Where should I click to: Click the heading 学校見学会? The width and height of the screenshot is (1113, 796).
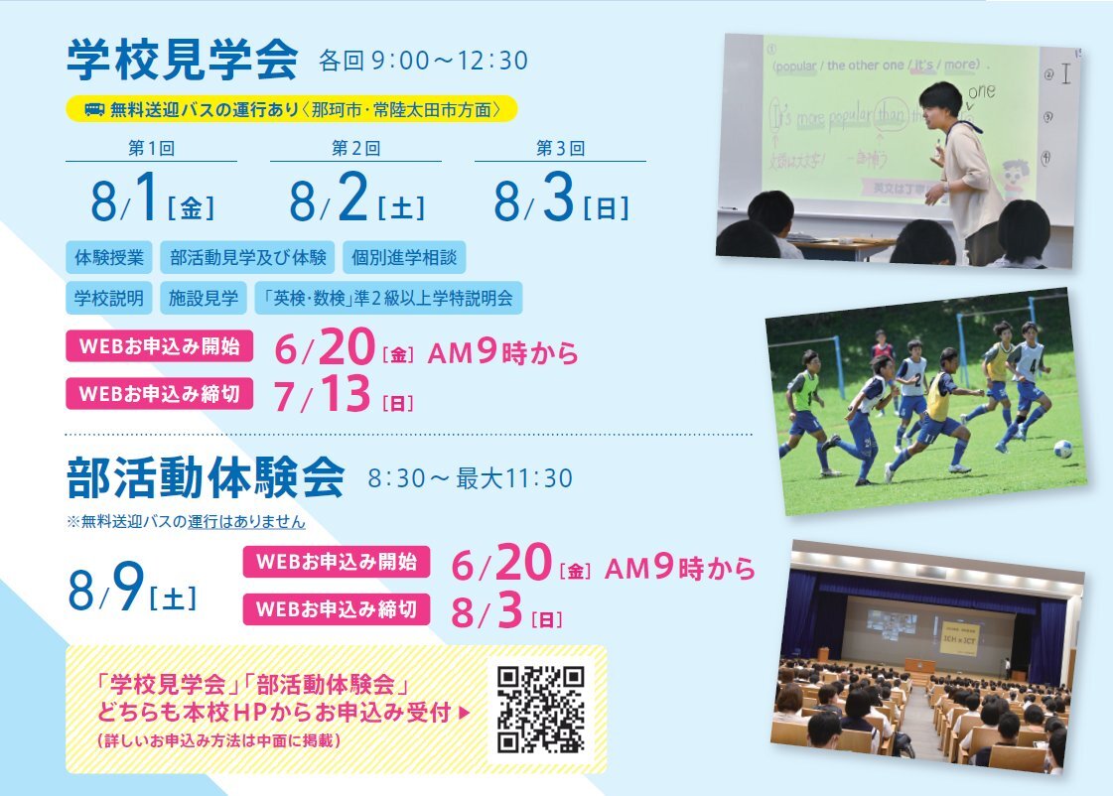(x=182, y=60)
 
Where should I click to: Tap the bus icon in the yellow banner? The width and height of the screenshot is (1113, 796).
(x=94, y=110)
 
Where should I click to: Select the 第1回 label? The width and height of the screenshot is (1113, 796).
(x=151, y=148)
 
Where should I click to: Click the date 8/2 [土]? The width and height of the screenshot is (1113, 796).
(x=357, y=198)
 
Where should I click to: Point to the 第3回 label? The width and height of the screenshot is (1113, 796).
(x=560, y=148)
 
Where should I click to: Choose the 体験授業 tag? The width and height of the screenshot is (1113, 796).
(x=109, y=257)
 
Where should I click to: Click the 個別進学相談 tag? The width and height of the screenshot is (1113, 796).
(x=404, y=257)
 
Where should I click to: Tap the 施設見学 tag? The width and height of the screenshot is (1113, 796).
(x=203, y=298)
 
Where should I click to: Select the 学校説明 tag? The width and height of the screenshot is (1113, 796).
(x=109, y=298)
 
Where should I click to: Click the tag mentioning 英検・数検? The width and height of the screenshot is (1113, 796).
(x=388, y=298)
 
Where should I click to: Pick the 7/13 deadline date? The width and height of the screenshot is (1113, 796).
(x=344, y=394)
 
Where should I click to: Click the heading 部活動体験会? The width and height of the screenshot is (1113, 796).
(x=206, y=477)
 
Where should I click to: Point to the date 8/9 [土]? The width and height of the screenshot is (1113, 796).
(x=133, y=588)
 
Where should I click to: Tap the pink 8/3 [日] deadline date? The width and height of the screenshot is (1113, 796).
(x=506, y=610)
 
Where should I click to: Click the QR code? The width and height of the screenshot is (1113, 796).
(x=541, y=709)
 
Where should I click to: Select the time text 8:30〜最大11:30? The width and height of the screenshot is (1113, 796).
(x=470, y=478)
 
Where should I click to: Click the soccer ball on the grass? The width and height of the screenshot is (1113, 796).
(x=1062, y=449)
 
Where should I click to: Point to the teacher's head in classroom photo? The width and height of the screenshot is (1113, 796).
(x=941, y=104)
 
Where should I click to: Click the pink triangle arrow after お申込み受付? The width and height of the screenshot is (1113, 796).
(x=465, y=713)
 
